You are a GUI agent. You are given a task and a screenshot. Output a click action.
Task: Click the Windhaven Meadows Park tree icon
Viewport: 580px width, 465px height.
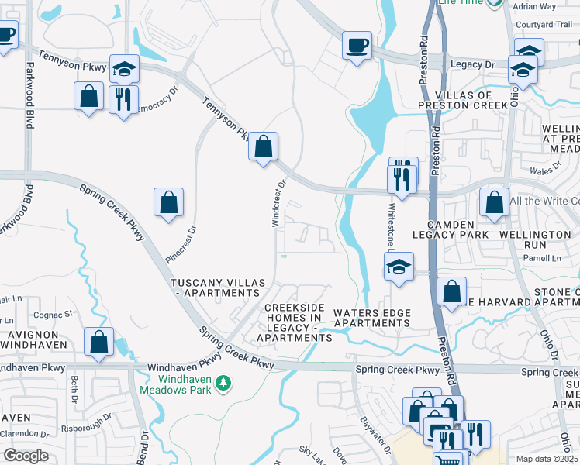[223, 383]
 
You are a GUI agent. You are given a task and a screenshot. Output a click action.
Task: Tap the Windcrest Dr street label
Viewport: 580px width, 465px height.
[278, 204]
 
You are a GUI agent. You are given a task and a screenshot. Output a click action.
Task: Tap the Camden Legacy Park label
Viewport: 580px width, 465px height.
[450, 229]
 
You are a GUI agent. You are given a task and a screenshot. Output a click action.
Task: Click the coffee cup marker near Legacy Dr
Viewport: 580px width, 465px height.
[357, 45]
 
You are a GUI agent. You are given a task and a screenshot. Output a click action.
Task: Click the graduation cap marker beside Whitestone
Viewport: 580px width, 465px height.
[399, 267]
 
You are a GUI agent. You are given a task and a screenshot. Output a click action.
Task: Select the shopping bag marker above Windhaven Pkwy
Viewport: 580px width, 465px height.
[99, 343]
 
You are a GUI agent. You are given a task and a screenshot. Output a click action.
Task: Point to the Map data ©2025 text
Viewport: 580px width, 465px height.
[547, 459]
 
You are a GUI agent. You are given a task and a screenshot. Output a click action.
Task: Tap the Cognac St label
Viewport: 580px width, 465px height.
[52, 315]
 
